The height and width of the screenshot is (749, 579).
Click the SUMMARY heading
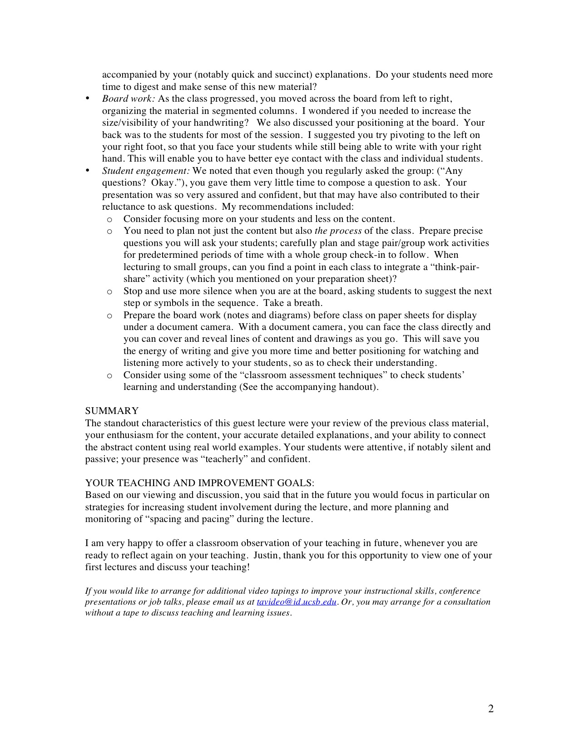(x=112, y=411)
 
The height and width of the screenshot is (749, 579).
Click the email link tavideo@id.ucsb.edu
(x=297, y=602)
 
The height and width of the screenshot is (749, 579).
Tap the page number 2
(x=490, y=709)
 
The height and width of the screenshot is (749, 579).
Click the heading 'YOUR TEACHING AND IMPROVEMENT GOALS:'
(x=200, y=483)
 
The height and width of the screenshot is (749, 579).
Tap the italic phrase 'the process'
(x=338, y=231)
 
